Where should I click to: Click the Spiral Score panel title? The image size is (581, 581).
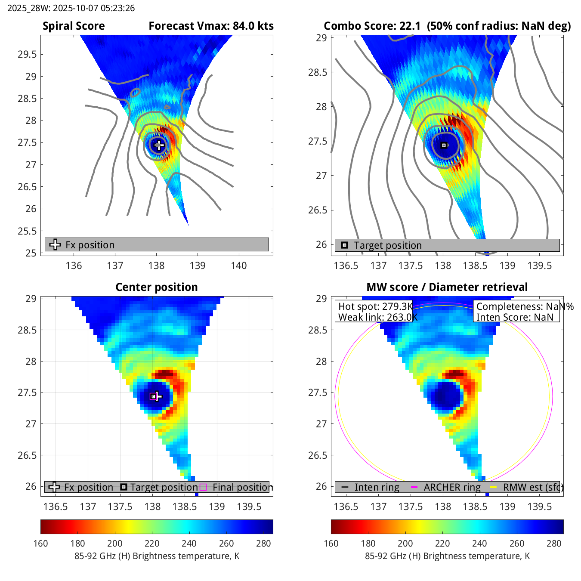[74, 26]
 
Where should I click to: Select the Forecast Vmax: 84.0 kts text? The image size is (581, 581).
[211, 26]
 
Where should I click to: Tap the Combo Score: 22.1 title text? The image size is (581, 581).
[372, 26]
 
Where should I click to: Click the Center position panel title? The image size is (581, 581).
[157, 287]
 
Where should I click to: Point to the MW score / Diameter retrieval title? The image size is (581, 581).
[447, 287]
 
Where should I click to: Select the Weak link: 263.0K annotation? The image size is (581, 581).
[377, 317]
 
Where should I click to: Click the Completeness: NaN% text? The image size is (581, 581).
[525, 306]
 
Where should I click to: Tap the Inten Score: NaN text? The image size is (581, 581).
[514, 317]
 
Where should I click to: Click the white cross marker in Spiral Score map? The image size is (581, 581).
[159, 145]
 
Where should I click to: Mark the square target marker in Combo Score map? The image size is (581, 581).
[444, 145]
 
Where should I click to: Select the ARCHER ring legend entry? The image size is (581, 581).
[451, 487]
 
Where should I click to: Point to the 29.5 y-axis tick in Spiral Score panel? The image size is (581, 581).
[27, 54]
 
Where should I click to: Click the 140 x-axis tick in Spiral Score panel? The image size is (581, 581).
[239, 266]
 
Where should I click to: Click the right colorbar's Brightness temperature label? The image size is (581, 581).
[447, 556]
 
